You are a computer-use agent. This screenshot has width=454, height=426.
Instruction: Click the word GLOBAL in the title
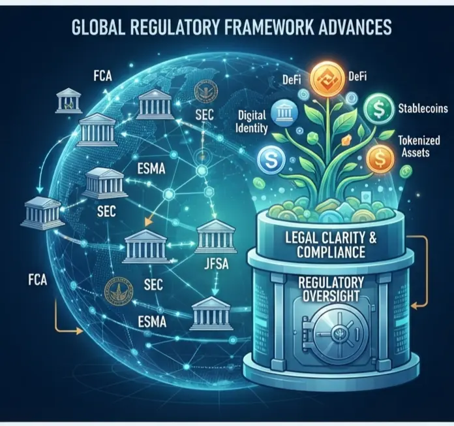click(98, 27)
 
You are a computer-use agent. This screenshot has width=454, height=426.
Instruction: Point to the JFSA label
click(217, 264)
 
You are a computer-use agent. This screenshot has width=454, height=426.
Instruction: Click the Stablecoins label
click(423, 108)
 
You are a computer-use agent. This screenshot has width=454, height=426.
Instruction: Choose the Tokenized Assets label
click(419, 146)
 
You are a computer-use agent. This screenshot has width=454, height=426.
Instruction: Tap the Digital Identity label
click(251, 122)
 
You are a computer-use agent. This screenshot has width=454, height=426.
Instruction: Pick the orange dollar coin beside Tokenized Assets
click(380, 158)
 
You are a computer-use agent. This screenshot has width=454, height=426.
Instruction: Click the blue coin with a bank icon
click(284, 114)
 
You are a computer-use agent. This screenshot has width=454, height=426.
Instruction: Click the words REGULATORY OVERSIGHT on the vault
click(331, 289)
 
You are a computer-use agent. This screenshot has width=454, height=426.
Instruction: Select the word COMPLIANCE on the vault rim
click(331, 252)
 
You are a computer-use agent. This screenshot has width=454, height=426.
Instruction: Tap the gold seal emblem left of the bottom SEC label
click(118, 291)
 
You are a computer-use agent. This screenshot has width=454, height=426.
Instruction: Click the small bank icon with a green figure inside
click(68, 101)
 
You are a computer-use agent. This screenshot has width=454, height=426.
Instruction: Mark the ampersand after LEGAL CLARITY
click(372, 238)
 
